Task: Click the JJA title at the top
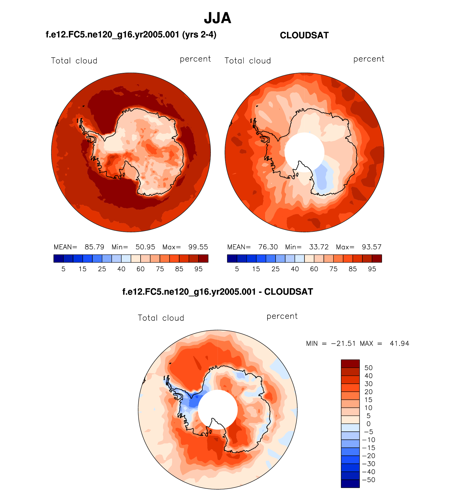click(x=217, y=18)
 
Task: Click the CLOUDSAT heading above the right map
click(x=304, y=35)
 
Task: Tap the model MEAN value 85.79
click(x=94, y=247)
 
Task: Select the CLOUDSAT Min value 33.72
click(x=319, y=247)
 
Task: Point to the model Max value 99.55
click(x=198, y=247)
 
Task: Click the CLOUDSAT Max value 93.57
click(x=371, y=247)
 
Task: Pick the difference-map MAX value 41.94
click(x=400, y=343)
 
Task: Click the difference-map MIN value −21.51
click(x=343, y=343)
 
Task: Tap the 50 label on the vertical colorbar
click(x=369, y=368)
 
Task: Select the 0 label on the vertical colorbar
click(x=369, y=424)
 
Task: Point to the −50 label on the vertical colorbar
click(x=369, y=480)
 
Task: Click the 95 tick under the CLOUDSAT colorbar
click(x=372, y=269)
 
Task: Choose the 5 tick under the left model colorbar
click(x=63, y=269)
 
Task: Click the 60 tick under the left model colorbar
click(x=141, y=269)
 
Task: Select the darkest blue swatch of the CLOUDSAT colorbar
click(x=232, y=258)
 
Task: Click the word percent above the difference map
click(x=282, y=316)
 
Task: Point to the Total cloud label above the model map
click(x=74, y=61)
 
